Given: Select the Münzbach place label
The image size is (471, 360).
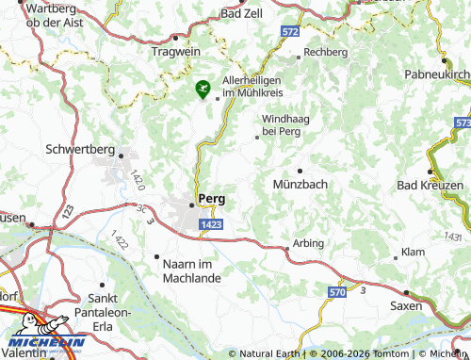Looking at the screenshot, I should coord(300,185).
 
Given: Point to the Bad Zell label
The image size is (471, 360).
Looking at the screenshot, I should coord(241,14).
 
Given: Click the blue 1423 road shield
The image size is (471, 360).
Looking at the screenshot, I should coord(211,224).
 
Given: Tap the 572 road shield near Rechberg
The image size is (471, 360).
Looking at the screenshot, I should coord(289,32).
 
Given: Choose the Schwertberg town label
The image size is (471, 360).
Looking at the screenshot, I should coord(80,149).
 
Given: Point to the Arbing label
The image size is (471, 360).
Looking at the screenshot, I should coord(309,243).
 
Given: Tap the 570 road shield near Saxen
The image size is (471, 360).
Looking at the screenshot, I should coord(336,295).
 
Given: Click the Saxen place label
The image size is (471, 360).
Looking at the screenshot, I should coord(406,307).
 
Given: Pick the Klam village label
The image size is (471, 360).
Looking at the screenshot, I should coord(413,253).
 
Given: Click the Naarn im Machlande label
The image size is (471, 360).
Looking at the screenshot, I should coord(187,270).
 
